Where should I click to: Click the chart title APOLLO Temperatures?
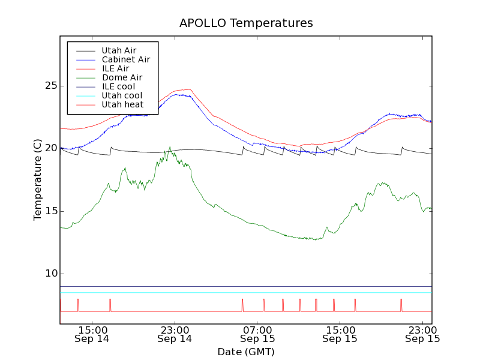pos(246,23)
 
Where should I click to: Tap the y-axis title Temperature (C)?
pos(38,179)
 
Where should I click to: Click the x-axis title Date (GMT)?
pos(246,352)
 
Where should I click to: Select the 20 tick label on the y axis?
pos(50,148)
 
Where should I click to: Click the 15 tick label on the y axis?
pos(50,211)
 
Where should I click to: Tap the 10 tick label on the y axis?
pos(50,274)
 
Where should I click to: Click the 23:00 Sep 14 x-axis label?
pos(175,334)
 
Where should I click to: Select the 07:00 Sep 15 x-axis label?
pos(257,334)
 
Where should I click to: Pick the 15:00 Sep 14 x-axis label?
pos(92,334)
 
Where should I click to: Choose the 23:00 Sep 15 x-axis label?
pos(422,334)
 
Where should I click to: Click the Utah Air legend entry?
pos(119,50)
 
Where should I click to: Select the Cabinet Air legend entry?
pos(125,59)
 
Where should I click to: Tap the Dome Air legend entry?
pos(122,77)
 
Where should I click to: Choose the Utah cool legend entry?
pos(122,95)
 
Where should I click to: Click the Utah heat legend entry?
pos(122,104)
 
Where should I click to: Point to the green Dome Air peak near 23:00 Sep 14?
pos(170,147)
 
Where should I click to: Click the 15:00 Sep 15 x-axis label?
pos(340,334)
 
